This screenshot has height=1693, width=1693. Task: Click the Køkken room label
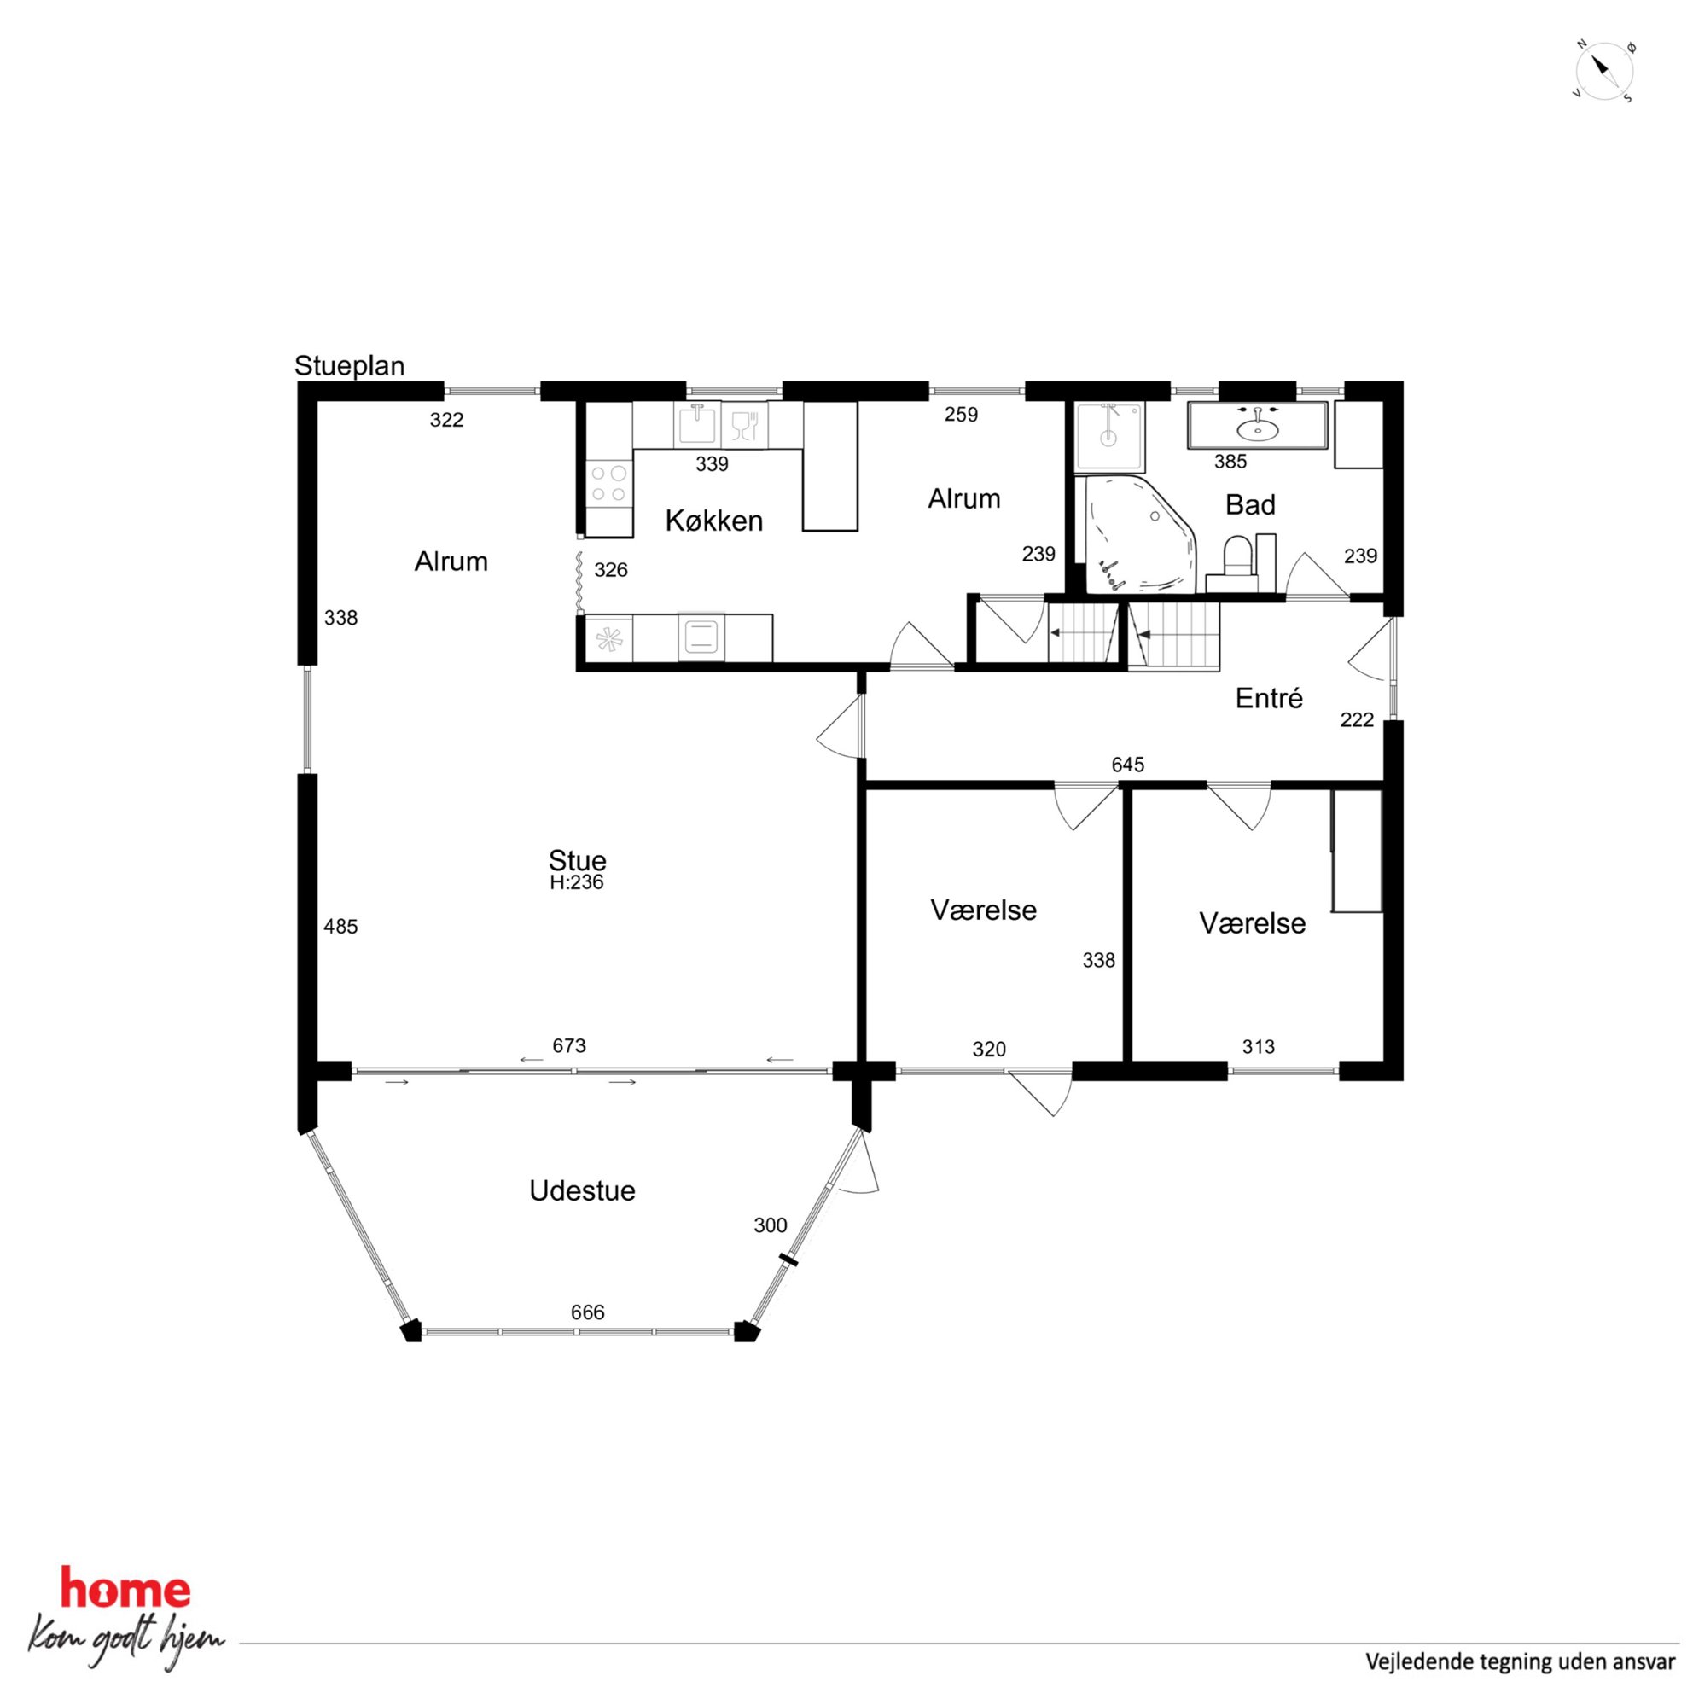coord(713,521)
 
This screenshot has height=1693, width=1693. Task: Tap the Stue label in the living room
coord(577,859)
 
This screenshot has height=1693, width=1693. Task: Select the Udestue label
coord(582,1190)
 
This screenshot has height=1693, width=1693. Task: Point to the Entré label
coord(1269,697)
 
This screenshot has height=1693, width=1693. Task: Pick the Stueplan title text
coord(349,365)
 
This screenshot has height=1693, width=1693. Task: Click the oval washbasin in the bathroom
coord(1257,428)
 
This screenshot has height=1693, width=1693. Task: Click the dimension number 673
coord(568,1045)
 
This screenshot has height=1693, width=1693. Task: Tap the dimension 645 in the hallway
coord(1128,764)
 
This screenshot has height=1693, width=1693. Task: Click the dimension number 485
coord(340,926)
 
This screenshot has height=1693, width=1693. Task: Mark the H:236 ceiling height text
coord(577,882)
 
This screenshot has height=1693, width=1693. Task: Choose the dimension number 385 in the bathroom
coord(1230,461)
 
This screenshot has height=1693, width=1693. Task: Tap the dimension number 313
coord(1259,1046)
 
